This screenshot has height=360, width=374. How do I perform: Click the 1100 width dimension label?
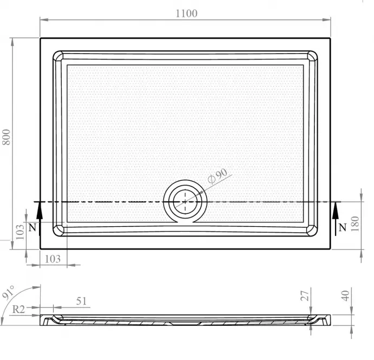[x=187, y=14]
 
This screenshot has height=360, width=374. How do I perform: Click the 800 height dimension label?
[x=6, y=137]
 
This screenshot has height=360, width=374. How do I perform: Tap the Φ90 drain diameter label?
[x=217, y=176]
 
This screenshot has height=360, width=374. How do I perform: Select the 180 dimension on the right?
[x=355, y=224]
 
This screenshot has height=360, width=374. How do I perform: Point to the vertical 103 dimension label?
[x=19, y=232]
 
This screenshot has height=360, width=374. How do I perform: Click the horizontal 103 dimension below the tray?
[x=53, y=259]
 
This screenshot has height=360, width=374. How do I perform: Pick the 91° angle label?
[x=9, y=292]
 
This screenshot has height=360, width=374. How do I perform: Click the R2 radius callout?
[x=18, y=310]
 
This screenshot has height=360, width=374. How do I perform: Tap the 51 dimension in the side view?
[x=81, y=302]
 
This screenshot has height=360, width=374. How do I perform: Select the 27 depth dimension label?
[x=305, y=296]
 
